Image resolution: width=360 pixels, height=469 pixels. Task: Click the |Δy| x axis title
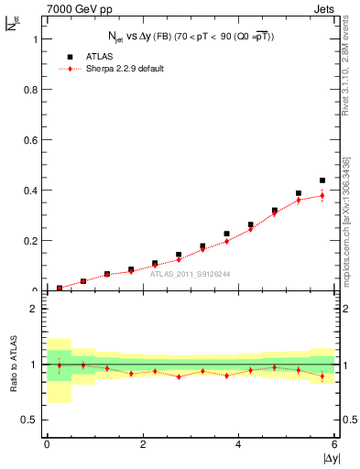click(x=328, y=457)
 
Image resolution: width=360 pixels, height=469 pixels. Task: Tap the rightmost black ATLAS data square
click(x=322, y=180)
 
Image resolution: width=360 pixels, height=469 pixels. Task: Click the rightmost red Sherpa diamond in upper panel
click(x=322, y=195)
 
